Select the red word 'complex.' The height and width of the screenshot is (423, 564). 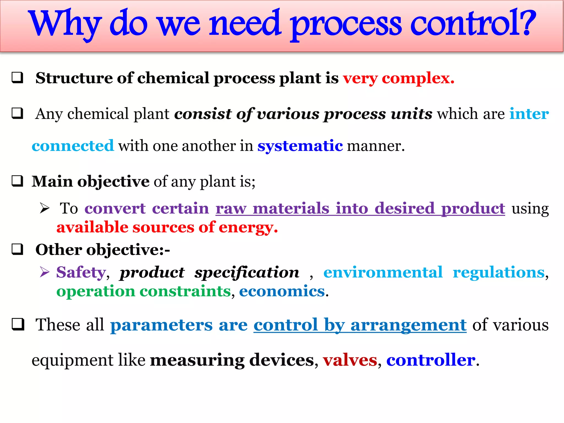(418, 78)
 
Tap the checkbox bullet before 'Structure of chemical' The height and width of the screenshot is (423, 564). (17, 78)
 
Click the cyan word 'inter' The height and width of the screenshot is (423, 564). (529, 114)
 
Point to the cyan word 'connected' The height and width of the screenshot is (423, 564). (73, 146)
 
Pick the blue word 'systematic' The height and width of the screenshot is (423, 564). (300, 146)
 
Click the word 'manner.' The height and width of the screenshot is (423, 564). (376, 146)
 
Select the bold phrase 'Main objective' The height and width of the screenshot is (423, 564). (90, 181)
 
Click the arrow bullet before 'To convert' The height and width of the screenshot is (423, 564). (44, 208)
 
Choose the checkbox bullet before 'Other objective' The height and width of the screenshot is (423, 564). (17, 250)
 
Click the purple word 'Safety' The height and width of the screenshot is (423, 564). (81, 272)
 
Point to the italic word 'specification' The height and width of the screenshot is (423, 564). (246, 272)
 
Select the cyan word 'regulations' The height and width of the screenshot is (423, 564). (499, 272)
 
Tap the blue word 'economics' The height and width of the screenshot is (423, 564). (282, 291)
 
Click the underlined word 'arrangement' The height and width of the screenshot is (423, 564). (408, 325)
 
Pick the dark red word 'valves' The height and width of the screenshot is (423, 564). (350, 360)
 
